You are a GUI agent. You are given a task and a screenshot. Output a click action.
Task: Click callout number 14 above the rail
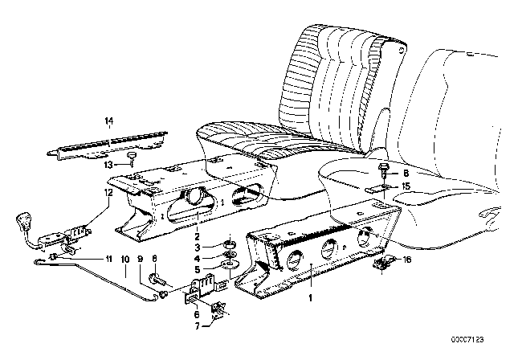pyautogui.click(x=109, y=121)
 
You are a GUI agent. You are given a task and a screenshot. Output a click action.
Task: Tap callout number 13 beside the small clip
pyautogui.click(x=108, y=165)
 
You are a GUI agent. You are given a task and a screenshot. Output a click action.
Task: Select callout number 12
pyautogui.click(x=109, y=193)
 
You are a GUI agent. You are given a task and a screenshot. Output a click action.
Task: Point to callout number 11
pyautogui.click(x=109, y=259)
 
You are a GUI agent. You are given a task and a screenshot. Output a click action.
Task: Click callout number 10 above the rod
pyautogui.click(x=125, y=259)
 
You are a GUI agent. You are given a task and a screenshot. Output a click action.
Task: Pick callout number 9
pyautogui.click(x=141, y=259)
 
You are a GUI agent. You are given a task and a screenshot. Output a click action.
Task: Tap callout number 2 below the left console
pyautogui.click(x=197, y=236)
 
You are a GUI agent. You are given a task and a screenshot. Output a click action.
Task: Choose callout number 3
pyautogui.click(x=197, y=247)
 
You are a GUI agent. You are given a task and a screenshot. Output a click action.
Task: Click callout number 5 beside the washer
pyautogui.click(x=197, y=269)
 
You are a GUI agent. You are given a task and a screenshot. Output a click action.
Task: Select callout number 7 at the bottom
pyautogui.click(x=197, y=326)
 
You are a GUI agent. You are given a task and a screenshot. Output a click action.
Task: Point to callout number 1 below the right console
pyautogui.click(x=310, y=297)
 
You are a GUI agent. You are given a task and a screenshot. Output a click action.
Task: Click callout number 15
pyautogui.click(x=406, y=186)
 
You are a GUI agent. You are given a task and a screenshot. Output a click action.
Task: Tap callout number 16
pyautogui.click(x=406, y=260)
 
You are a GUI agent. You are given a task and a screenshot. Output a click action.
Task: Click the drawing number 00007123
pyautogui.click(x=467, y=339)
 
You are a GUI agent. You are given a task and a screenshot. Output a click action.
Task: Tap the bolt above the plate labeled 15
pyautogui.click(x=382, y=169)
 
